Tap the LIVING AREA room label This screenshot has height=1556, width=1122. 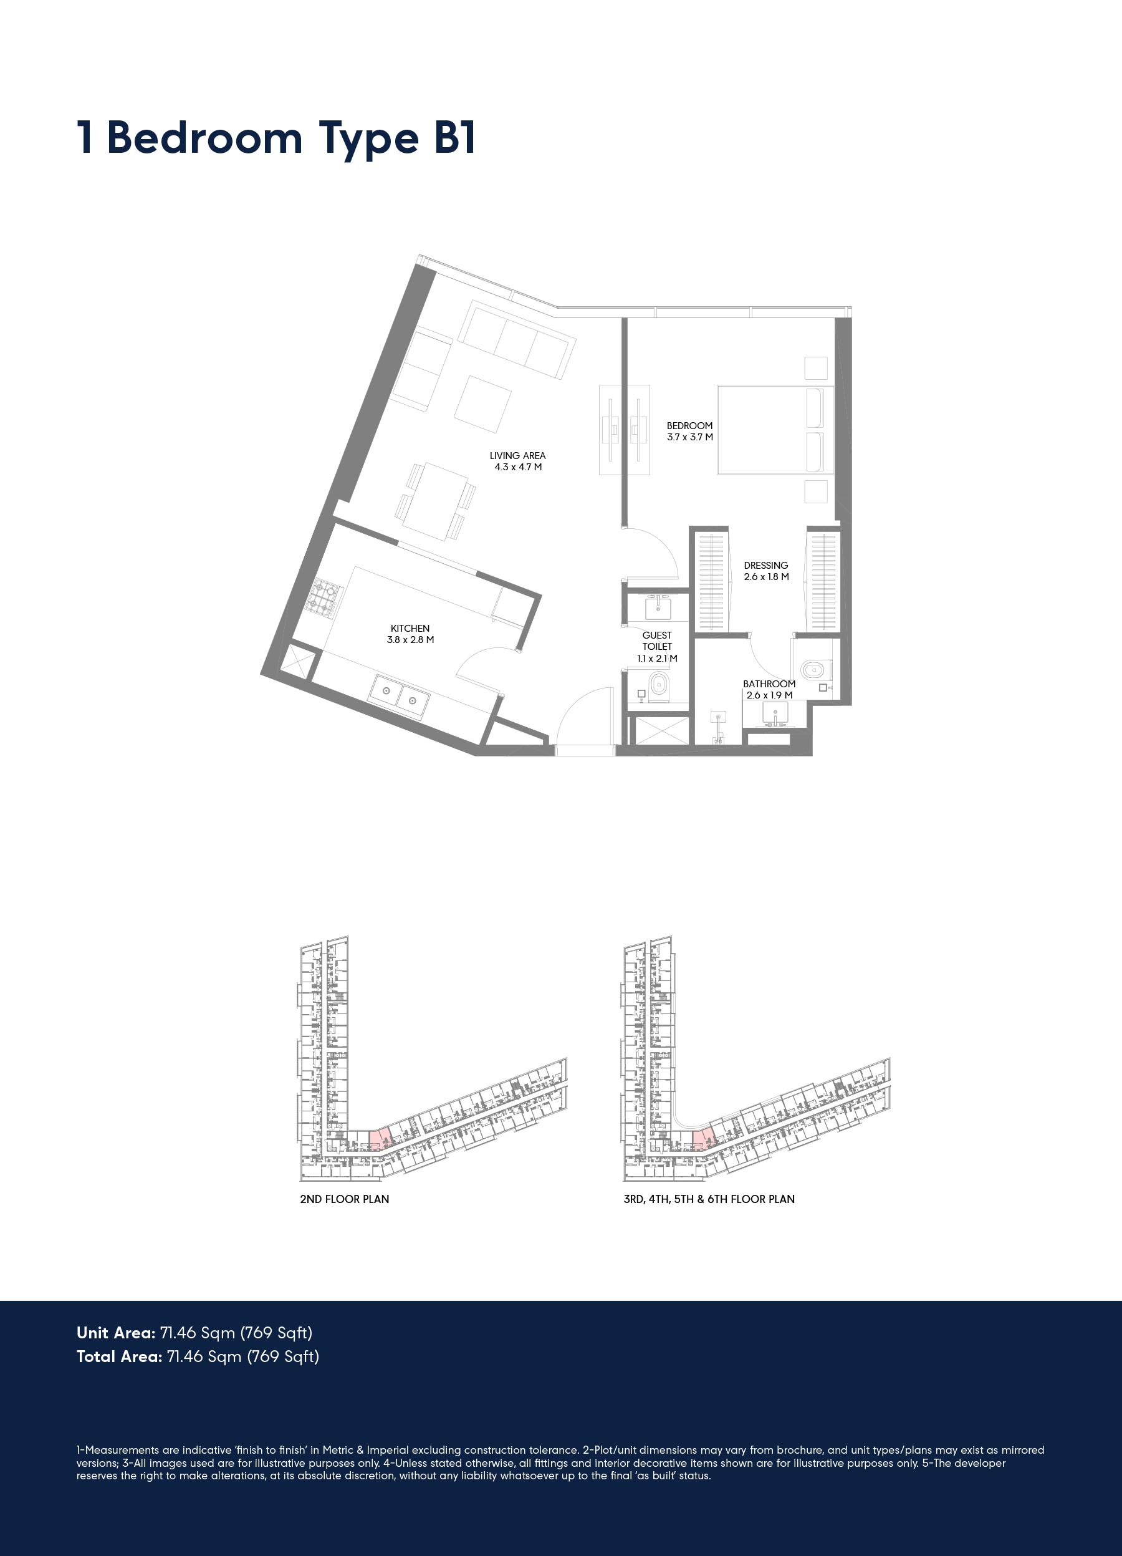[518, 461]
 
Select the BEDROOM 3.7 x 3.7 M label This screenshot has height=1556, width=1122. [690, 431]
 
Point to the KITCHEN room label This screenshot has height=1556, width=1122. [410, 634]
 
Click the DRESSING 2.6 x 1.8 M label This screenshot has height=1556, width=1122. [766, 571]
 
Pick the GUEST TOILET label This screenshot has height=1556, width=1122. [657, 646]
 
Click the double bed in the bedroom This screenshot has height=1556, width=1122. [775, 430]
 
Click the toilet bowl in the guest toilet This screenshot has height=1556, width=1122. [658, 685]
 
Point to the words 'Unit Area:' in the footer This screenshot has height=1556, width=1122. [116, 1333]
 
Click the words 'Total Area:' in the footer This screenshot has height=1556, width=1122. [119, 1356]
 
